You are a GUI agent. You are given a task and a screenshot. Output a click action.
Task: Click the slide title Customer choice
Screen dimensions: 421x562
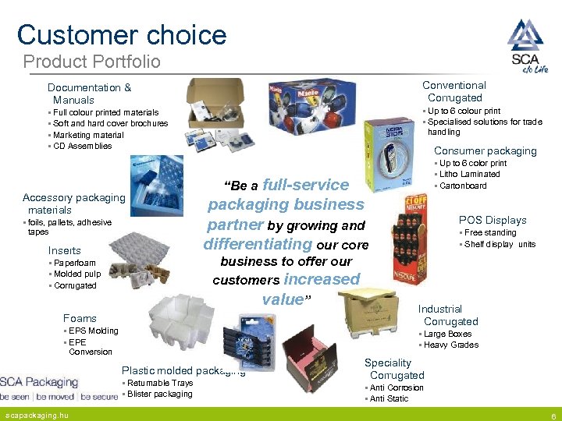[122, 34]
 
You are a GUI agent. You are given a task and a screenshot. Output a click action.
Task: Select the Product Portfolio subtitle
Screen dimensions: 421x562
[91, 62]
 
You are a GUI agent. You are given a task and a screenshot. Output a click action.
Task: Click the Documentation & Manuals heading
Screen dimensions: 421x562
[89, 94]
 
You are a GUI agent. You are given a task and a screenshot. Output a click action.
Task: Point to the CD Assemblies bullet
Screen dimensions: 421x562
[81, 146]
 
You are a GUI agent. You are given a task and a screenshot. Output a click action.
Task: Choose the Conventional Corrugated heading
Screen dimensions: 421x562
[454, 91]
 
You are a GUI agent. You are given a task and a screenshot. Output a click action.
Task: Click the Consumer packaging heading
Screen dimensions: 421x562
[485, 150]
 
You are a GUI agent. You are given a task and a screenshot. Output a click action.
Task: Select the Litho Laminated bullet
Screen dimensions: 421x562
[469, 175]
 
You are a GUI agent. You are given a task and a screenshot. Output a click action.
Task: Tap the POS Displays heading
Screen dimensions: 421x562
[493, 220]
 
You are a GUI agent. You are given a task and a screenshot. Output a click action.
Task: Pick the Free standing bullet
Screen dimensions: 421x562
[489, 232]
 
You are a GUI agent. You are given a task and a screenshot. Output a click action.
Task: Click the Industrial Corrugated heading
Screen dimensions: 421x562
[450, 315]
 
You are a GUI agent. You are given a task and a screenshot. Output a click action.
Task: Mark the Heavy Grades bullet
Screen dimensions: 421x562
[450, 345]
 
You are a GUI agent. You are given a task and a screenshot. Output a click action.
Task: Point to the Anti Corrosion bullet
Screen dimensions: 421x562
[396, 387]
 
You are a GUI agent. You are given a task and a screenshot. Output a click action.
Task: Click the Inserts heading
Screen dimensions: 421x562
[65, 250]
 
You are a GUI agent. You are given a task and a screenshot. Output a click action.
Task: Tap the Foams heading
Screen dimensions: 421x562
[80, 318]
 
